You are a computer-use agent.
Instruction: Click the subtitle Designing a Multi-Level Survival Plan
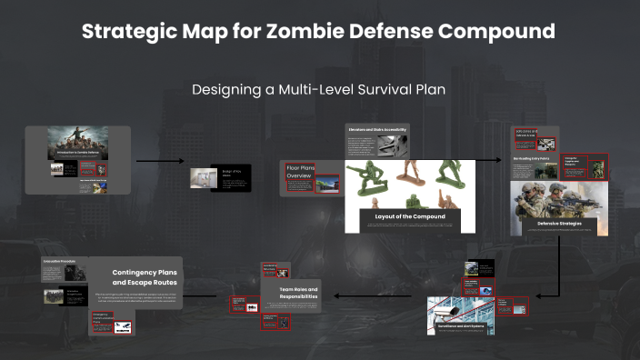click(x=319, y=90)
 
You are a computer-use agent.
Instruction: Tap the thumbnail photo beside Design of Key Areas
click(x=201, y=179)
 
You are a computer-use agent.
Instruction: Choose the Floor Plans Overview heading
click(x=300, y=170)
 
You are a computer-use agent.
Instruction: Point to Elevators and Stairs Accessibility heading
click(x=376, y=130)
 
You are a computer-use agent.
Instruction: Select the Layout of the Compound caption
click(x=410, y=216)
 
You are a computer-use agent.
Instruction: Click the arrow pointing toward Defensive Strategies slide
click(x=488, y=160)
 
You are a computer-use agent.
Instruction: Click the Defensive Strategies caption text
click(x=559, y=221)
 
